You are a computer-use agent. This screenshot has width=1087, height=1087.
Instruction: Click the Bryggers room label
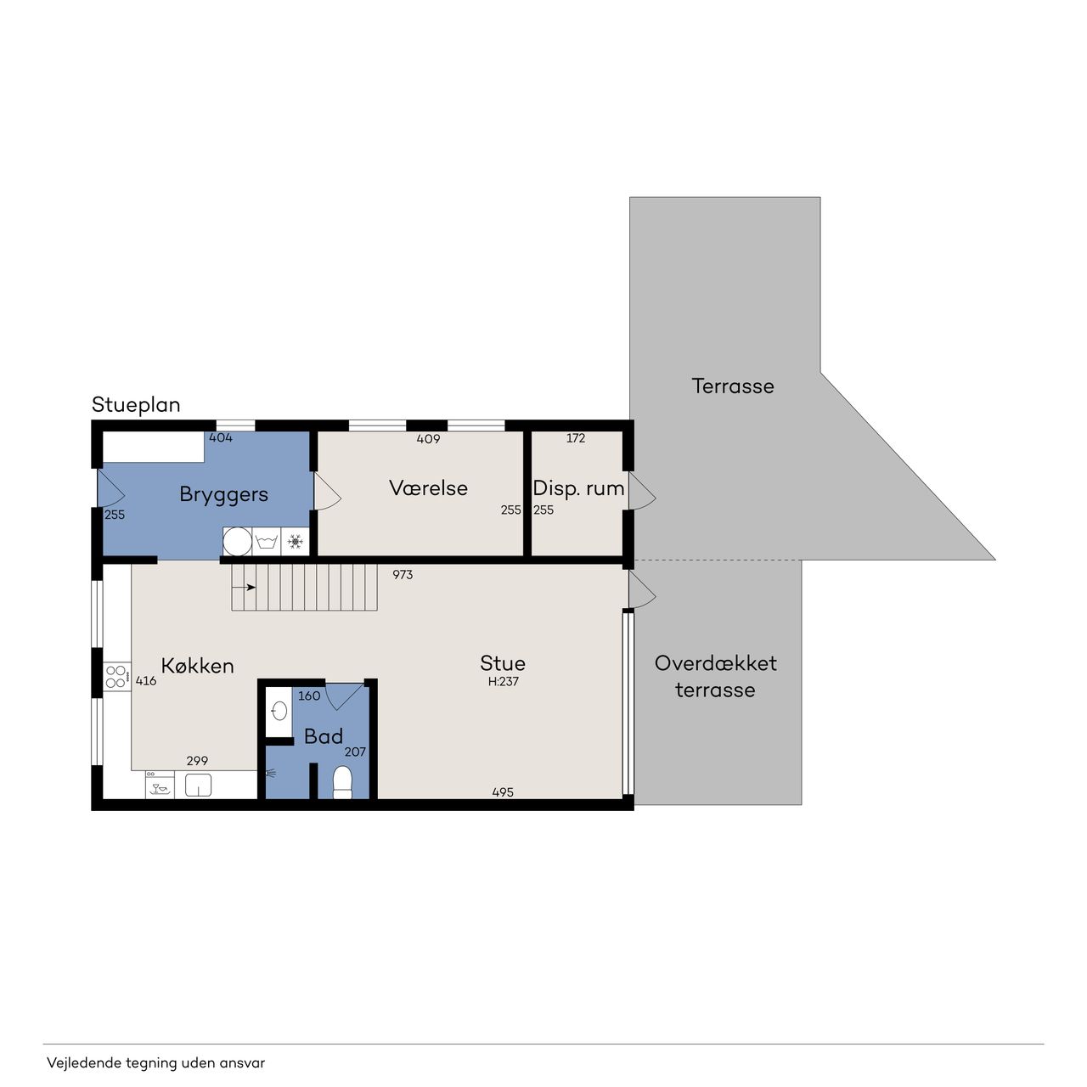tap(223, 495)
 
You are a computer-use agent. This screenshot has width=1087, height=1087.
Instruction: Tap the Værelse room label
tap(428, 488)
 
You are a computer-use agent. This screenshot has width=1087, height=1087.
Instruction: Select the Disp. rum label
tap(578, 488)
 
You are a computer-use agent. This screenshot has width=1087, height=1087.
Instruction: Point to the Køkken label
tap(197, 666)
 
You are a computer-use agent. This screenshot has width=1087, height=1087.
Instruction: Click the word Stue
tap(502, 662)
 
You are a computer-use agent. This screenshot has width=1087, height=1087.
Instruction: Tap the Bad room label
tap(324, 736)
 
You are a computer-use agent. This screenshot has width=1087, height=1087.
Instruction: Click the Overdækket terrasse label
tap(715, 676)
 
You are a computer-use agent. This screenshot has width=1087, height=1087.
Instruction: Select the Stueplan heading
tap(136, 405)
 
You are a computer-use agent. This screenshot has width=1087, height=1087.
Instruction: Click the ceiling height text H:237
tap(504, 681)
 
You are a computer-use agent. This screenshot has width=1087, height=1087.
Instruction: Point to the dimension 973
tap(403, 575)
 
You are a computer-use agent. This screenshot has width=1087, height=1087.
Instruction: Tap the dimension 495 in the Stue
tap(503, 792)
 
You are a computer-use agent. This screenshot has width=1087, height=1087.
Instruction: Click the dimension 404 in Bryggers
tap(221, 437)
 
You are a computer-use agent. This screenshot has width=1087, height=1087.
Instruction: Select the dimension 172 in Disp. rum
tap(576, 437)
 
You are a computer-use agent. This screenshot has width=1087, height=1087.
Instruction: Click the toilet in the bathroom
tap(342, 782)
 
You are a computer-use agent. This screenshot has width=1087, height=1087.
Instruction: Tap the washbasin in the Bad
tap(279, 712)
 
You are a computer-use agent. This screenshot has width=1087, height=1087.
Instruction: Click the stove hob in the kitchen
tap(116, 676)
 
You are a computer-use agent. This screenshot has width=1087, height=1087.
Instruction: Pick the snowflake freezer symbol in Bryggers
tap(295, 542)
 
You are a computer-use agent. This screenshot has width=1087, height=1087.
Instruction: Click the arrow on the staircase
tap(244, 587)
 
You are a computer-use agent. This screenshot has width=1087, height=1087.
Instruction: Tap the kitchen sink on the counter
tap(198, 786)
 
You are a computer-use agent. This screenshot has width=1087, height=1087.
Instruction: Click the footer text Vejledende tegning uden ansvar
tap(155, 1062)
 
